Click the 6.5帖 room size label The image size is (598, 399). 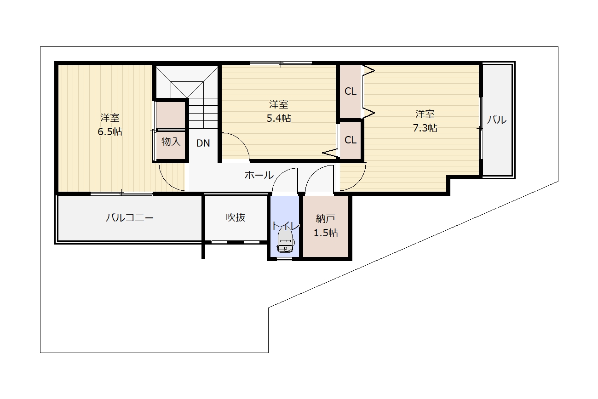click(x=110, y=132)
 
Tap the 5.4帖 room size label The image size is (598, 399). click(x=279, y=118)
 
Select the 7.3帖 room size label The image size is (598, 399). click(x=425, y=128)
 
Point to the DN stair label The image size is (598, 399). click(x=203, y=143)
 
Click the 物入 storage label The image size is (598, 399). click(x=171, y=142)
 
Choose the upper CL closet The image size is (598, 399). click(x=351, y=91)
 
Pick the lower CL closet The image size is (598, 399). click(x=351, y=140)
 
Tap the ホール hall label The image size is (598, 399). click(x=259, y=175)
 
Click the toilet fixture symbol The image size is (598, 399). click(x=286, y=241)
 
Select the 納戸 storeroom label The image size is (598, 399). click(x=326, y=219)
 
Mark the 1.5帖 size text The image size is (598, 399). click(x=326, y=233)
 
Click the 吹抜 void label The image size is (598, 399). click(x=236, y=217)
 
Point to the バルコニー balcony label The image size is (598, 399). click(x=130, y=218)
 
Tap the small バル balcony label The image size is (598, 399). click(x=497, y=120)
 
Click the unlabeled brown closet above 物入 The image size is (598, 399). click(x=171, y=114)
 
